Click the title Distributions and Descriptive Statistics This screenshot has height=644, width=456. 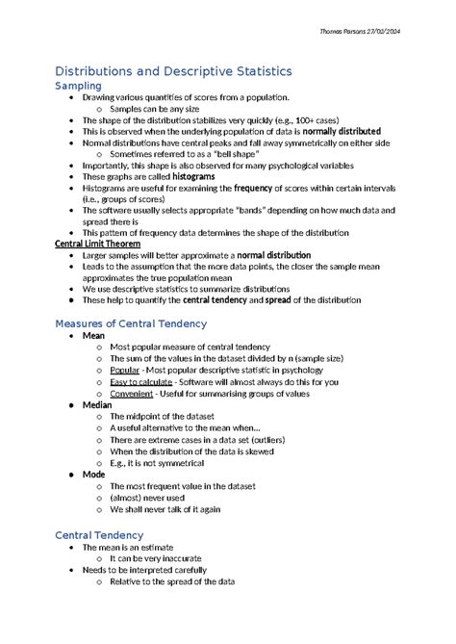point(173,71)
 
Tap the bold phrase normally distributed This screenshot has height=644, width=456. point(342,130)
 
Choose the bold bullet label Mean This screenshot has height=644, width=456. point(93,336)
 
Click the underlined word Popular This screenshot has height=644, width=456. point(124,370)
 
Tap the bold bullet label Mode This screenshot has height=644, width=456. point(94,475)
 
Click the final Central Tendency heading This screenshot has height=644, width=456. point(99,534)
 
